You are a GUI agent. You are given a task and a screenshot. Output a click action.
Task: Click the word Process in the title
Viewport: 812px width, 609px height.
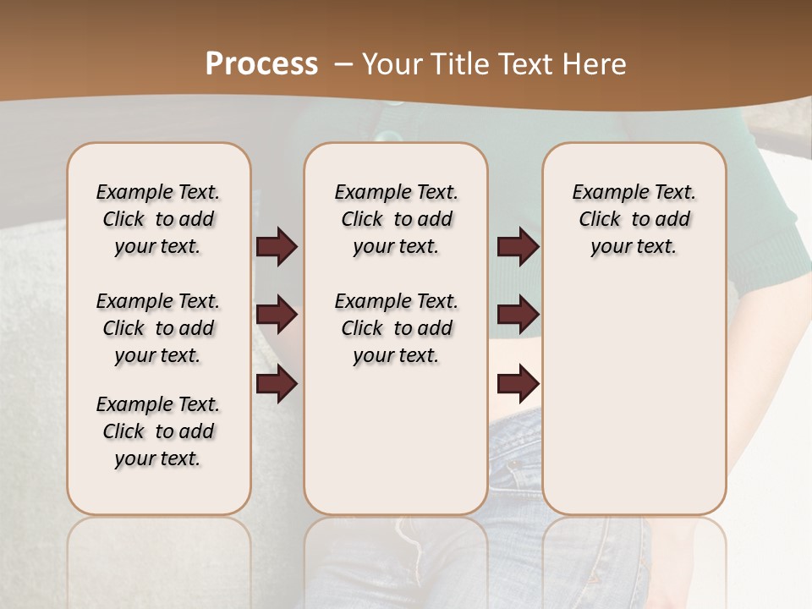pyautogui.click(x=261, y=64)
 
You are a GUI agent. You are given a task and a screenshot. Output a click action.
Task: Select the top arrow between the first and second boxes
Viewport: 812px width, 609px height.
pyautogui.click(x=277, y=247)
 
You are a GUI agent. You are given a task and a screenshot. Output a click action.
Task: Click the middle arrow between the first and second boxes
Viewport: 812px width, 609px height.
pyautogui.click(x=277, y=315)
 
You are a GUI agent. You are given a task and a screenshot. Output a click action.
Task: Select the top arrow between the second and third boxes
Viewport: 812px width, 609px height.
pyautogui.click(x=518, y=247)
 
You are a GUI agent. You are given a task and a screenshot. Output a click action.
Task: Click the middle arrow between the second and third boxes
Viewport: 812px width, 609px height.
pyautogui.click(x=518, y=315)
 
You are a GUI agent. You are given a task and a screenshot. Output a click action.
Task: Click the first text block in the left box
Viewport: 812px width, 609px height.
pyautogui.click(x=158, y=219)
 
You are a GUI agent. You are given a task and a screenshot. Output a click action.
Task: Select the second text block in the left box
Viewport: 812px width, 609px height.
pyautogui.click(x=158, y=328)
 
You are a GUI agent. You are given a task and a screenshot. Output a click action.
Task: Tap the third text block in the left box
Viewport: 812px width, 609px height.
pyautogui.click(x=158, y=431)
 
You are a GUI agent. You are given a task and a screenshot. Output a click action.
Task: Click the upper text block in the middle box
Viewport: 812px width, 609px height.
pyautogui.click(x=396, y=219)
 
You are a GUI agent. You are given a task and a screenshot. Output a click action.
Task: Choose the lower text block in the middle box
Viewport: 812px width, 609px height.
pyautogui.click(x=396, y=328)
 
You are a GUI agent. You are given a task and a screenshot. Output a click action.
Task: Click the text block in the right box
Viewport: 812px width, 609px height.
pyautogui.click(x=634, y=219)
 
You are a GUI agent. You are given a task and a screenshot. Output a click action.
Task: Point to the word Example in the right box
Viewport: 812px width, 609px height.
pyautogui.click(x=603, y=193)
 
